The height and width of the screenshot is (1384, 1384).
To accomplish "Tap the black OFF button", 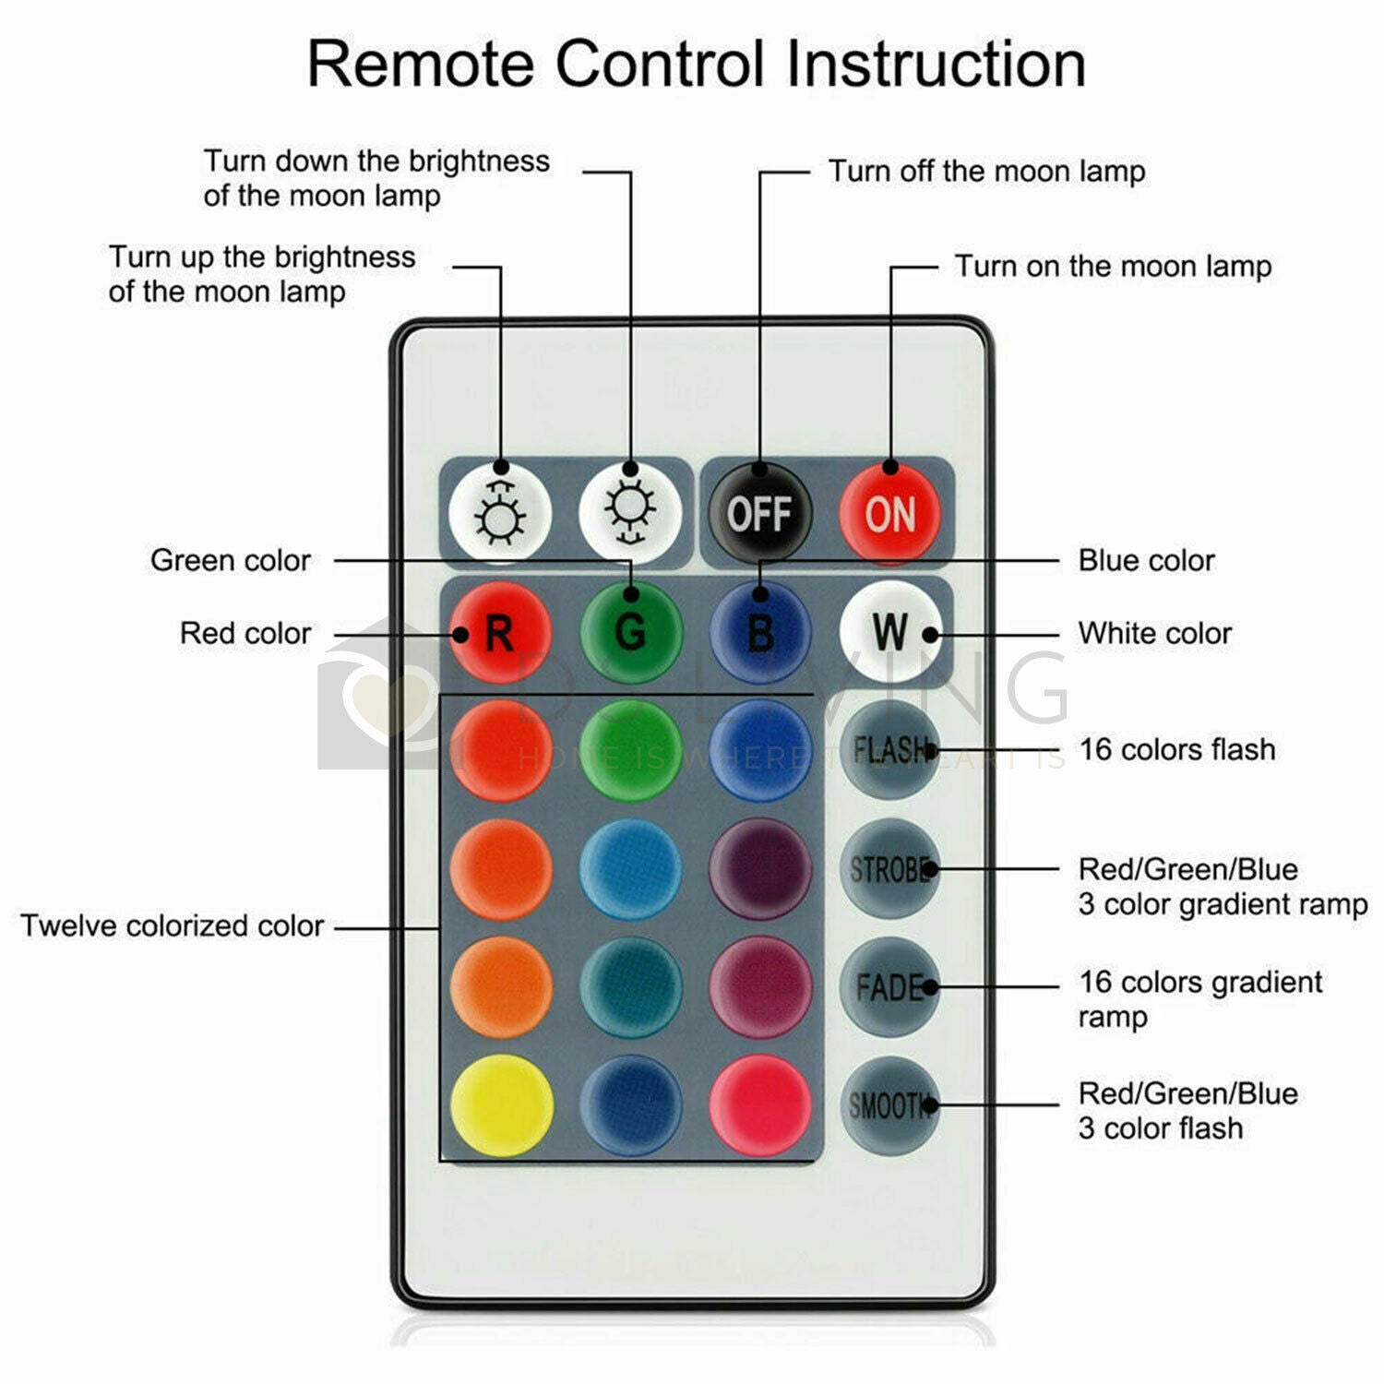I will [x=758, y=513].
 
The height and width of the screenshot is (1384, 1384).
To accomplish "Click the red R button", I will [x=501, y=632].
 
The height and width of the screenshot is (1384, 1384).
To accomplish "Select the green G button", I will [x=631, y=632].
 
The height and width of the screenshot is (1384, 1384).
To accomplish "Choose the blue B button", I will [x=760, y=632].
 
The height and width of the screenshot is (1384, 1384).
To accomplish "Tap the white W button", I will [x=890, y=632].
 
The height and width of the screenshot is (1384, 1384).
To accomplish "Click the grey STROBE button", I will [x=890, y=868].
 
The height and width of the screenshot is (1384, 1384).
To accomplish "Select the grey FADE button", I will [x=890, y=986].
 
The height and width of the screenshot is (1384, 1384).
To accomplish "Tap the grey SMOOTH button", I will [x=890, y=1104].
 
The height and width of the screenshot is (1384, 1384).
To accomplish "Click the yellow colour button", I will [x=501, y=1104].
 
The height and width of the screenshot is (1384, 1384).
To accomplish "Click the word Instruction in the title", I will [x=936, y=64].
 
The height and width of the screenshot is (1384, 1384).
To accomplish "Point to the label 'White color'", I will [x=1154, y=633].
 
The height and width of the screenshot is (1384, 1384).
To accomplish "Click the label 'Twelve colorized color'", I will [x=173, y=925].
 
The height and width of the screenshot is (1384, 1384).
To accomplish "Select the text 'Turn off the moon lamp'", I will [x=986, y=171].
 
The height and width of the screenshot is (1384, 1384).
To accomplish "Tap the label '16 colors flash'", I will [x=1177, y=749].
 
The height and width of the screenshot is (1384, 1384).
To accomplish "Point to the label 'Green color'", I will [x=231, y=560].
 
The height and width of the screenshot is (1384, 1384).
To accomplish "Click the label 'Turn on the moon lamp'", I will [x=1113, y=267].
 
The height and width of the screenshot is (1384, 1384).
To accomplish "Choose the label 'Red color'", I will [x=245, y=633].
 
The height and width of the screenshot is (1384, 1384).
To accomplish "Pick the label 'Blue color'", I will [x=1146, y=560].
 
